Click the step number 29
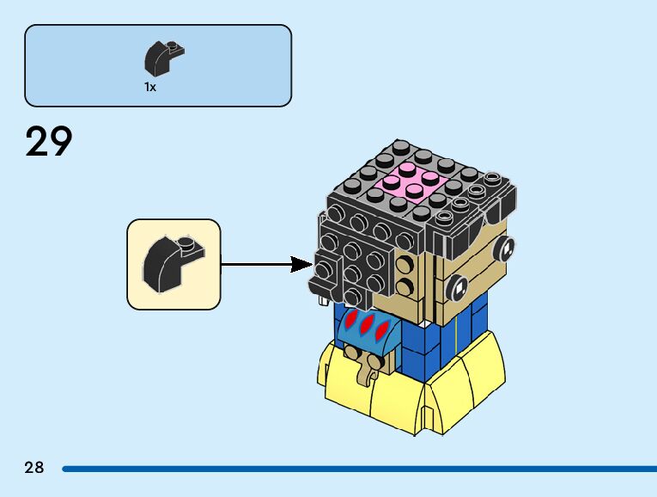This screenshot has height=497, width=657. (49, 142)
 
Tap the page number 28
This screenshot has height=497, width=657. (34, 468)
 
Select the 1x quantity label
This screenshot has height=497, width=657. (150, 87)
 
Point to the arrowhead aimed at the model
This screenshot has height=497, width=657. (302, 264)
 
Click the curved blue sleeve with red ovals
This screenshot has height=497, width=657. (368, 332)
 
